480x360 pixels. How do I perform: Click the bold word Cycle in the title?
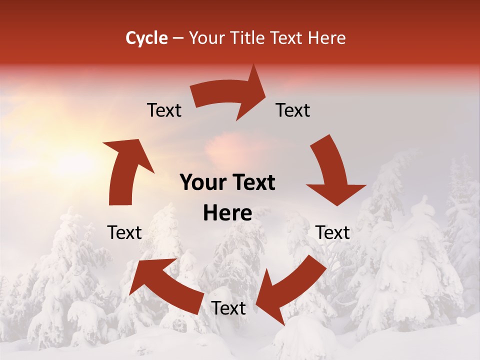pos(146,38)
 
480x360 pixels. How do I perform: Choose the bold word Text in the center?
pos(252,183)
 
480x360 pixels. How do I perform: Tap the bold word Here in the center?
pos(227,213)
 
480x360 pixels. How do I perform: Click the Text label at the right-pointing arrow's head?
pos(293,110)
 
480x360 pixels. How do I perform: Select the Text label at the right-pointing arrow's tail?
pos(164,110)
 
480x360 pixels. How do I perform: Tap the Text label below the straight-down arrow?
pos(332,232)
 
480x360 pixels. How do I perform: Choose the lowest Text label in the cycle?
pos(228,308)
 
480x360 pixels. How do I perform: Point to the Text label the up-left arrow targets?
pos(125,232)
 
